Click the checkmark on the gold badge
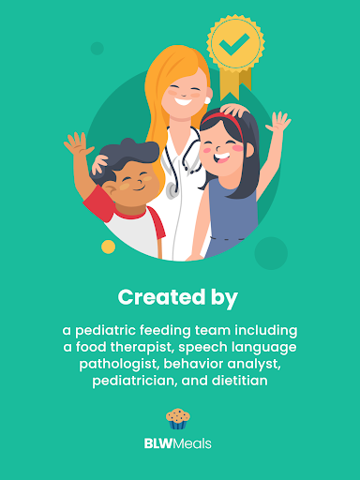click(x=233, y=44)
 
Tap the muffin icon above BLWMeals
click(x=178, y=419)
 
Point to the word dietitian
click(x=240, y=381)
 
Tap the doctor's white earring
click(x=207, y=100)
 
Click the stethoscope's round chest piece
click(x=172, y=190)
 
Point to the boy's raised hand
click(x=77, y=143)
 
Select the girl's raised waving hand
click(x=278, y=122)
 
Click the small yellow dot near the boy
click(x=108, y=247)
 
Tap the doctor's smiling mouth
click(x=183, y=101)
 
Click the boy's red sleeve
click(x=97, y=203)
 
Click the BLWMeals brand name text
click(x=178, y=443)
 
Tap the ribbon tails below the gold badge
click(x=235, y=82)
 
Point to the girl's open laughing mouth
click(x=222, y=157)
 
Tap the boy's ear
click(x=109, y=188)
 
